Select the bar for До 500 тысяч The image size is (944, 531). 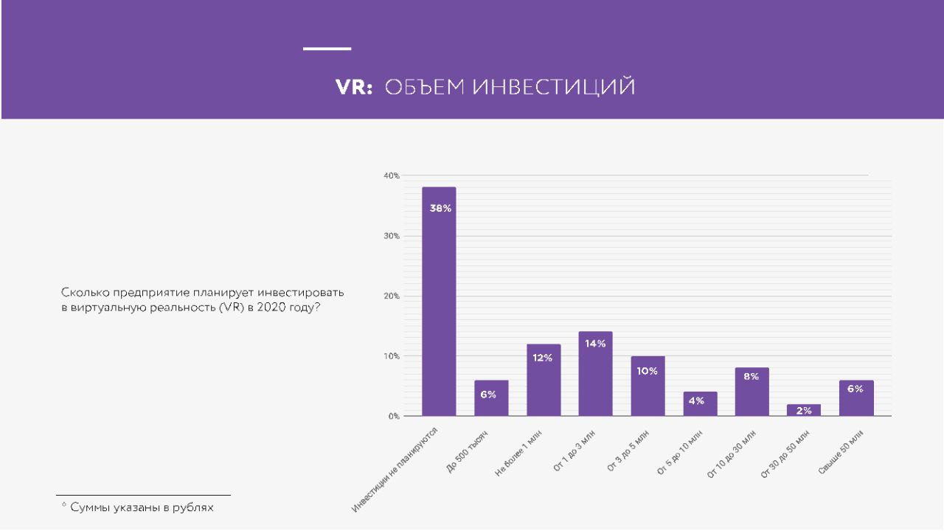pyautogui.click(x=491, y=398)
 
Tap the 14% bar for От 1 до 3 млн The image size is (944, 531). pyautogui.click(x=595, y=374)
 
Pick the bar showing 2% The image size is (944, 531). pyautogui.click(x=804, y=410)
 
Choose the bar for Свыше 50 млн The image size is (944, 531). pyautogui.click(x=855, y=398)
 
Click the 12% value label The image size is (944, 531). pyautogui.click(x=544, y=358)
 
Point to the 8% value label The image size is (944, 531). pyautogui.click(x=751, y=376)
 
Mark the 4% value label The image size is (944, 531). pyautogui.click(x=697, y=400)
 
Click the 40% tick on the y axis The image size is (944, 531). pyautogui.click(x=391, y=176)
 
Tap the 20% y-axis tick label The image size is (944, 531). pyautogui.click(x=391, y=296)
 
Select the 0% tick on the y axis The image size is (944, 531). pyautogui.click(x=393, y=416)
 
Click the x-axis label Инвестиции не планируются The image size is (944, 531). pyautogui.click(x=396, y=469)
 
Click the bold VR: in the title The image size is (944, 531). pyautogui.click(x=357, y=88)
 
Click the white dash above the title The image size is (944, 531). pyautogui.click(x=327, y=49)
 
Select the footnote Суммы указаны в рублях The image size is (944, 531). pyautogui.click(x=141, y=507)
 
